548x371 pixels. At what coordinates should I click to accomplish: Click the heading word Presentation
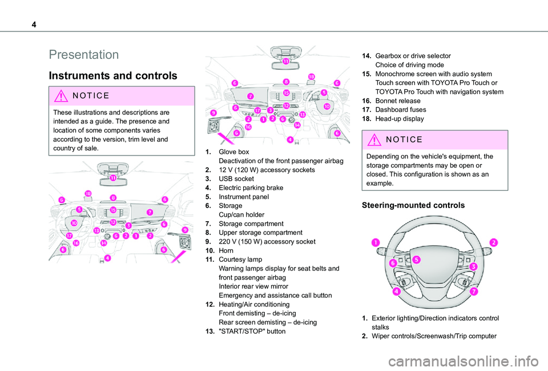click(x=84, y=55)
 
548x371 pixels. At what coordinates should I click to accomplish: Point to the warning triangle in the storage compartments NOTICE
click(x=372, y=140)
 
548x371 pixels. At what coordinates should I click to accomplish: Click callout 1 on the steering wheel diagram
click(x=376, y=243)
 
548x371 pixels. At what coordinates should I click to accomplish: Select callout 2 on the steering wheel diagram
click(x=493, y=242)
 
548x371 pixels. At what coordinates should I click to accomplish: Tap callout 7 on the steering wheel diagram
click(x=474, y=292)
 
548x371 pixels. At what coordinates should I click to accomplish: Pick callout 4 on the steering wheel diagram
click(x=395, y=290)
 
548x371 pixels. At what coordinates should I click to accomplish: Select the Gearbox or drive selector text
click(x=413, y=56)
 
